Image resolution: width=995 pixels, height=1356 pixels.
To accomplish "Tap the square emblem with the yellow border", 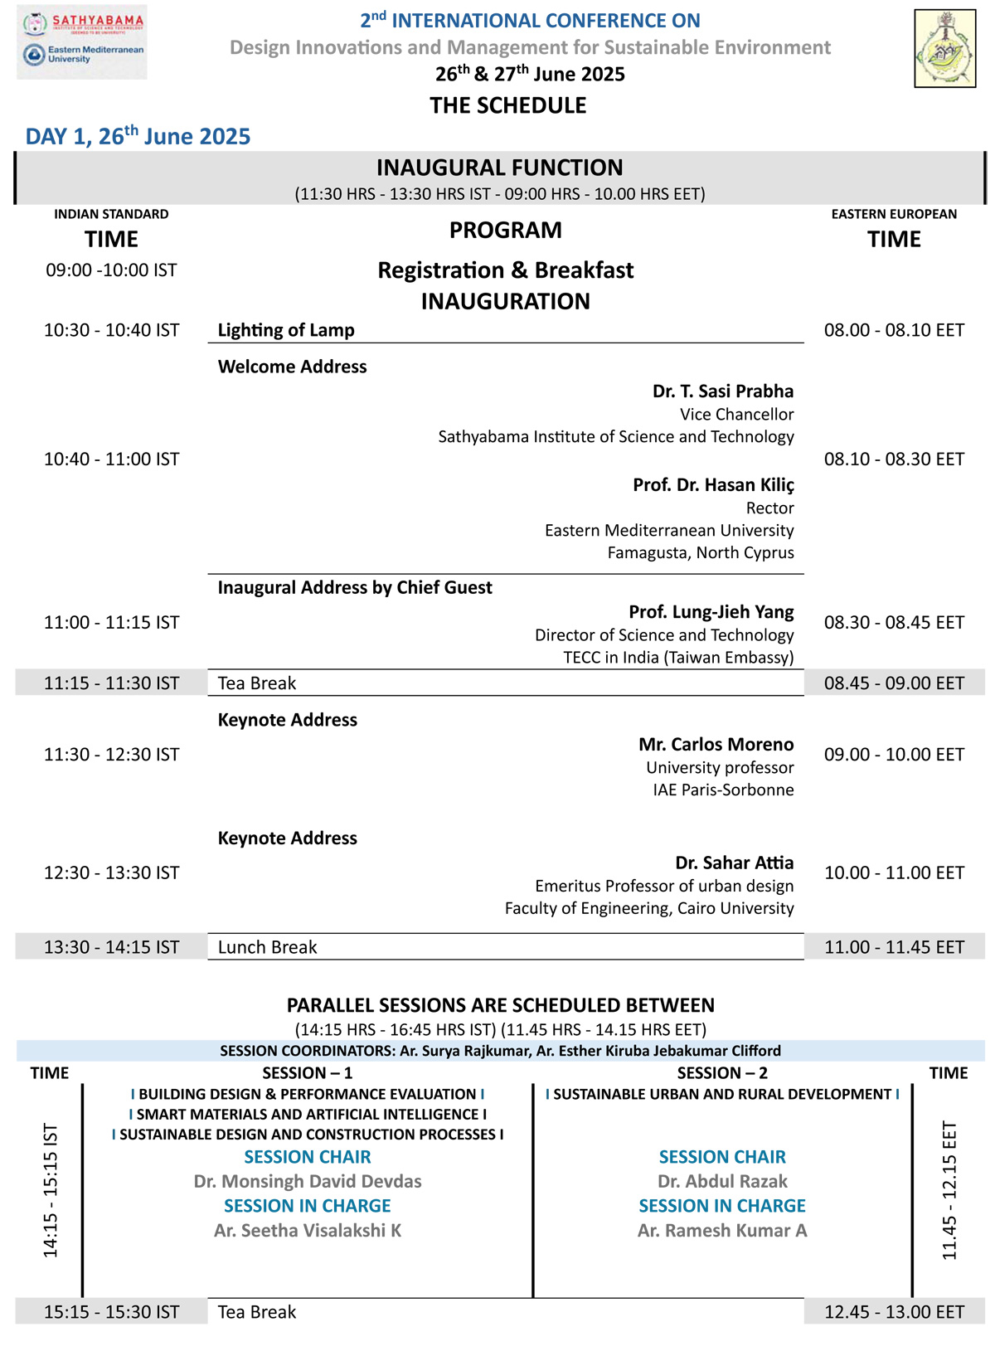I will [x=944, y=48].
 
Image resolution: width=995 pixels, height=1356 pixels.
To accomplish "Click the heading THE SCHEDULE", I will [x=507, y=105].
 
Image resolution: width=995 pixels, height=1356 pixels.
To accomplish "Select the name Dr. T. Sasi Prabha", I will [x=722, y=391].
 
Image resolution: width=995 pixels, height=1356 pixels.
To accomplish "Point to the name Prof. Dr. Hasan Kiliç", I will [x=713, y=485].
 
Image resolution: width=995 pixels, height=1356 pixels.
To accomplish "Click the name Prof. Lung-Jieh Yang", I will [x=711, y=612].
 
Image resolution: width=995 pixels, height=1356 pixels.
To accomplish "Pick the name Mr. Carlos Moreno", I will [x=716, y=745].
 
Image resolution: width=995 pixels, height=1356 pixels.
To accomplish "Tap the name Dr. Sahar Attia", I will [x=734, y=863].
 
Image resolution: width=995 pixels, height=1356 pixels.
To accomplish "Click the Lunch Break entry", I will [x=267, y=947].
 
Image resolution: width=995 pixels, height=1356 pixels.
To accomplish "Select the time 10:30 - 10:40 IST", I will [x=111, y=330].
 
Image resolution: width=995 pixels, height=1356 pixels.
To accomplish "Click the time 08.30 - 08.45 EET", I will [x=894, y=623].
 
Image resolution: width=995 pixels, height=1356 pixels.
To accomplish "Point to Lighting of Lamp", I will [x=286, y=330].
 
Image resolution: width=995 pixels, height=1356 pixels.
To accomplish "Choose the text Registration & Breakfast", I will [x=505, y=270].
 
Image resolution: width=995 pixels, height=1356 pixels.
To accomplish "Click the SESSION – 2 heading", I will [x=722, y=1073].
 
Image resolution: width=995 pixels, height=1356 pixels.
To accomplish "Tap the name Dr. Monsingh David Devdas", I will [x=308, y=1181].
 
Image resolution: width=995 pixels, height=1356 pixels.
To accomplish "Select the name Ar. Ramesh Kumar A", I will [x=722, y=1231].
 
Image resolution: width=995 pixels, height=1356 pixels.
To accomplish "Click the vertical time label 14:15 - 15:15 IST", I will [x=51, y=1191].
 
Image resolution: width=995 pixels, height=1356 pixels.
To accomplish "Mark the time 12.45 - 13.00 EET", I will [x=894, y=1312].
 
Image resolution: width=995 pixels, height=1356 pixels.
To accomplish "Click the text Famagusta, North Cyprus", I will [x=701, y=552].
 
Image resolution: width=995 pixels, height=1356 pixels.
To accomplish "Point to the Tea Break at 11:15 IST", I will [x=257, y=683].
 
